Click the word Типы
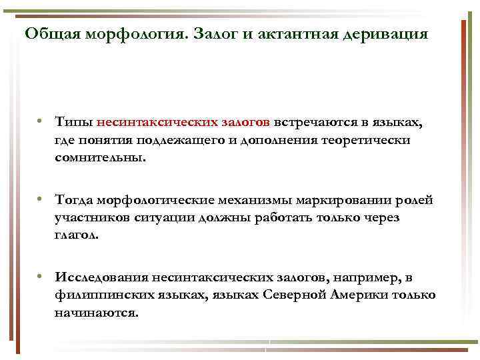[x=73, y=123]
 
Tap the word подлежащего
[x=177, y=141]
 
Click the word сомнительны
[x=99, y=159]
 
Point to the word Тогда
[x=75, y=201]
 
